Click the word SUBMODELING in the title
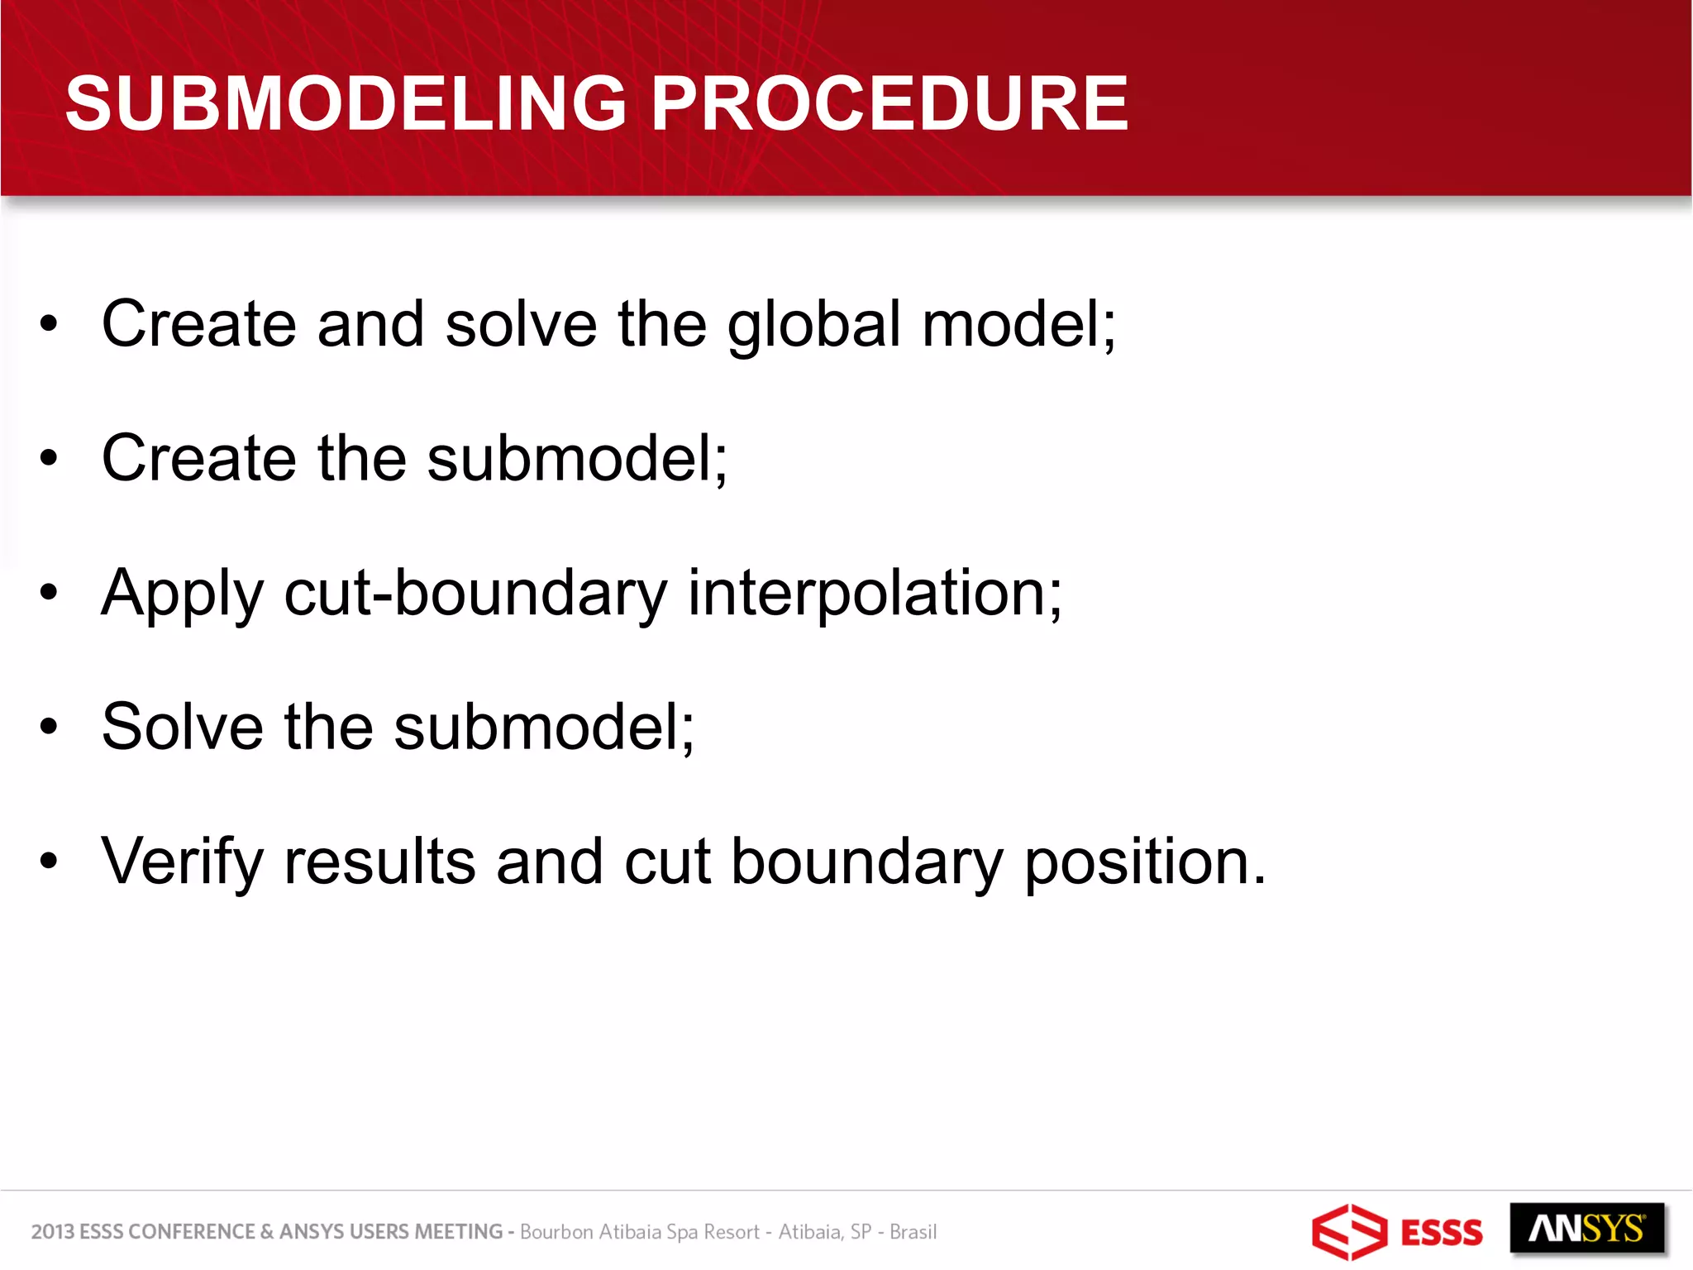tap(346, 103)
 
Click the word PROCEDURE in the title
tap(889, 103)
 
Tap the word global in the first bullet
tap(813, 325)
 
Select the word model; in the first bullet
tap(1018, 325)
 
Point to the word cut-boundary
tap(475, 594)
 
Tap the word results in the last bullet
tap(379, 862)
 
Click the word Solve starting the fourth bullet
tap(182, 727)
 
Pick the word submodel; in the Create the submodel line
tap(577, 459)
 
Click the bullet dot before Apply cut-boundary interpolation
tap(50, 593)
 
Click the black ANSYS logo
tap(1586, 1229)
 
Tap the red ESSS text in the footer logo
tap(1442, 1233)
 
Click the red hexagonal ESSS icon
tap(1348, 1232)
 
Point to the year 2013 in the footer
tap(52, 1232)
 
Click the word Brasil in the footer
tap(913, 1232)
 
